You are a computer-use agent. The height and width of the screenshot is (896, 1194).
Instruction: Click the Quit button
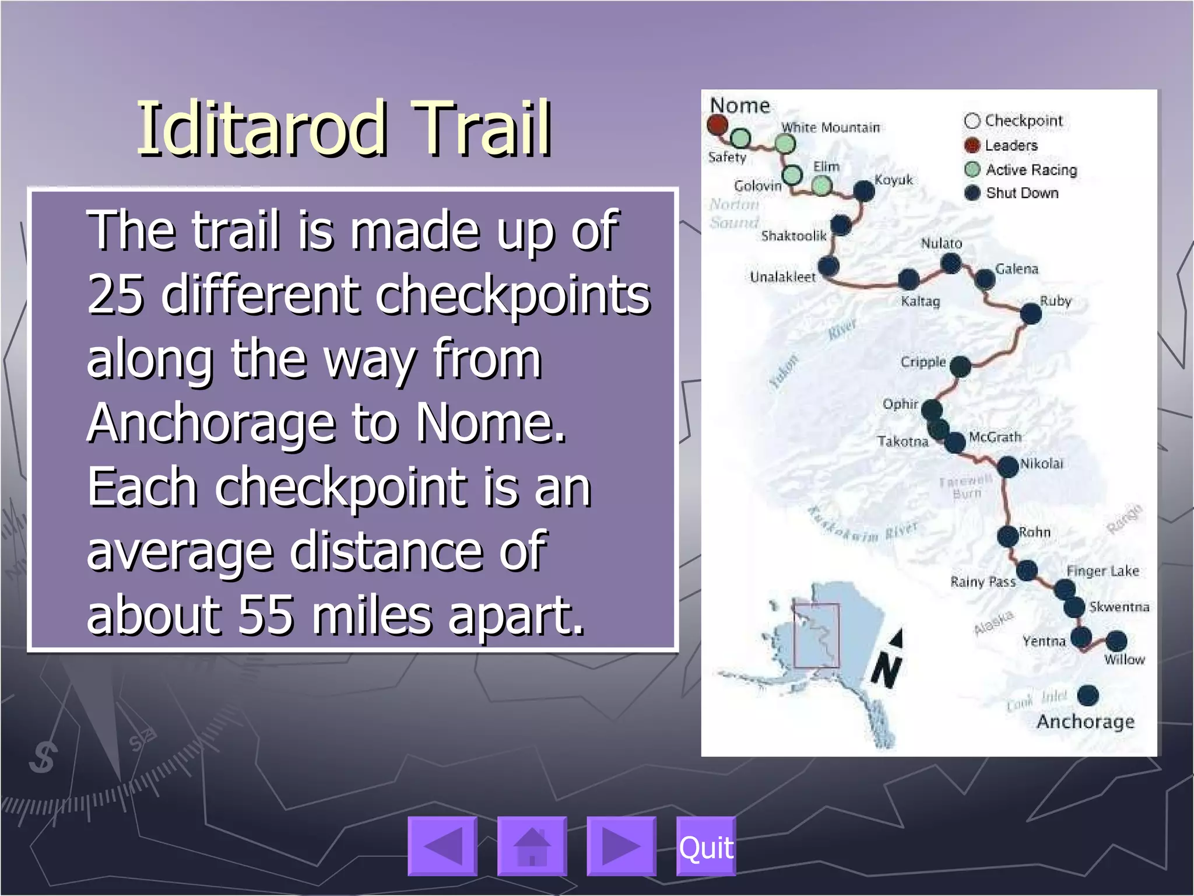[705, 847]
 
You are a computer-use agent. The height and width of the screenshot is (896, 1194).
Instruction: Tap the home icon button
[532, 847]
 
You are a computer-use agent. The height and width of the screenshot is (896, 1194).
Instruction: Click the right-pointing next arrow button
[621, 847]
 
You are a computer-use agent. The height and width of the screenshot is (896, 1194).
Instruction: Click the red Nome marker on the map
[717, 124]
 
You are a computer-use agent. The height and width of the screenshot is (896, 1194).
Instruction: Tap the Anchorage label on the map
[1086, 722]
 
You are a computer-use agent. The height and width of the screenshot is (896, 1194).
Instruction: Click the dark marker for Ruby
[1031, 314]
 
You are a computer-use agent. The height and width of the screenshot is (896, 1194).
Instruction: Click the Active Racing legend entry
[1030, 170]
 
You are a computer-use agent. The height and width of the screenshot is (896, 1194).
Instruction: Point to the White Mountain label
[830, 127]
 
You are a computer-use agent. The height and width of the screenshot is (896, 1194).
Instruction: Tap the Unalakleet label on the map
[782, 277]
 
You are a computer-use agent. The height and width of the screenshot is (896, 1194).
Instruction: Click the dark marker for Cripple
[960, 367]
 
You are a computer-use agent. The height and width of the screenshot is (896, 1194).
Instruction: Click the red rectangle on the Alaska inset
[816, 636]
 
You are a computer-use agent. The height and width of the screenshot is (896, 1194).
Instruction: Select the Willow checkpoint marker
[1116, 641]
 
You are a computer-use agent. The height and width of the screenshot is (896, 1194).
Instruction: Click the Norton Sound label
[734, 213]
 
